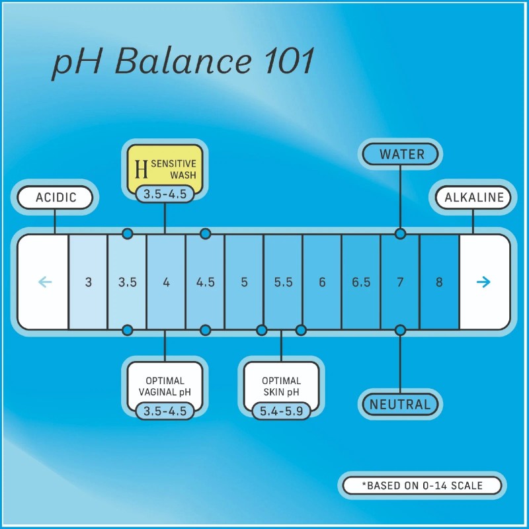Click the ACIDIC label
pyautogui.click(x=55, y=197)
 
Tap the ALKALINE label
pyautogui.click(x=473, y=197)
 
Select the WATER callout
pyautogui.click(x=401, y=155)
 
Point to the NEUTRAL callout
pyautogui.click(x=400, y=404)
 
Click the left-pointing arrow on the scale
pyautogui.click(x=45, y=282)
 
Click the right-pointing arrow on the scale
pyautogui.click(x=483, y=282)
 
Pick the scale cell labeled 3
pyautogui.click(x=88, y=282)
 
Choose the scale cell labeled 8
pyautogui.click(x=439, y=282)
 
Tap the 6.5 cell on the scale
pyautogui.click(x=361, y=282)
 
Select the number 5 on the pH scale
pyautogui.click(x=244, y=282)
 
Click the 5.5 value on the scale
pyautogui.click(x=284, y=282)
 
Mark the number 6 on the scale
pyautogui.click(x=322, y=282)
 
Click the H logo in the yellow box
pyautogui.click(x=141, y=169)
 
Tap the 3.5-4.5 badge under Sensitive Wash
pyautogui.click(x=165, y=194)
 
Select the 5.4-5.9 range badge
pyautogui.click(x=282, y=411)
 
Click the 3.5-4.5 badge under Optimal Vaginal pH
pyautogui.click(x=165, y=411)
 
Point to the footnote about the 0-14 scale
pyautogui.click(x=422, y=485)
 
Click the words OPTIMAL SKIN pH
pyautogui.click(x=282, y=387)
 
